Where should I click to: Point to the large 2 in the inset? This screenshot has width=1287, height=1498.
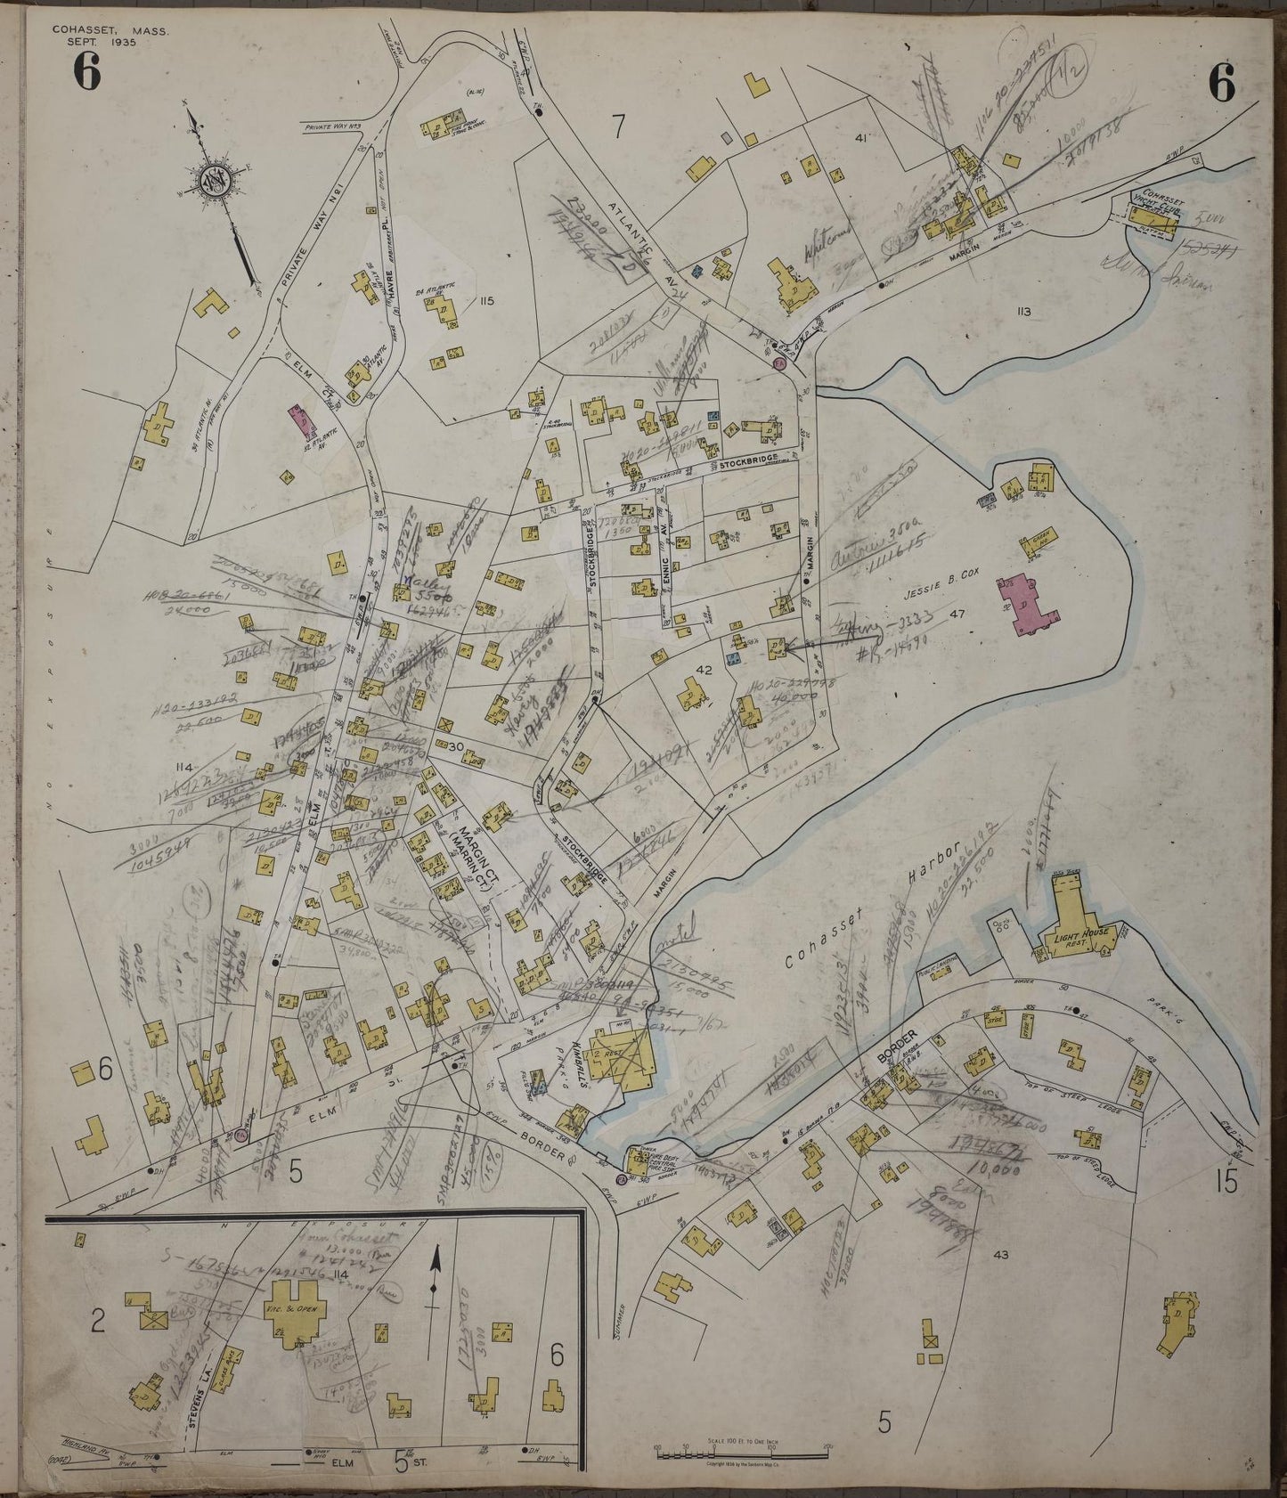pyautogui.click(x=98, y=1322)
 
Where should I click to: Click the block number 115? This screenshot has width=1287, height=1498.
pyautogui.click(x=485, y=301)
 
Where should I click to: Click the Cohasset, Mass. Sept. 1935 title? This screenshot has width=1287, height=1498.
pyautogui.click(x=110, y=36)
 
